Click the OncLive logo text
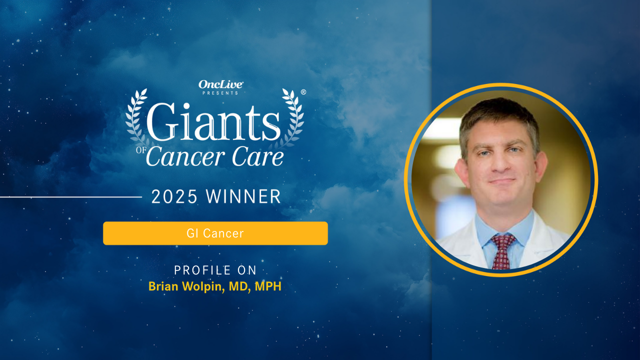click(x=220, y=84)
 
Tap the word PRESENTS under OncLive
click(x=220, y=93)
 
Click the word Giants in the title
click(x=213, y=122)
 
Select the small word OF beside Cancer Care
click(x=140, y=151)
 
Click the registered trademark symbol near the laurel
click(x=303, y=92)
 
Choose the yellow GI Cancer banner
click(x=215, y=233)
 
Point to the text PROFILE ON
click(x=215, y=270)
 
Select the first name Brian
click(x=161, y=287)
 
